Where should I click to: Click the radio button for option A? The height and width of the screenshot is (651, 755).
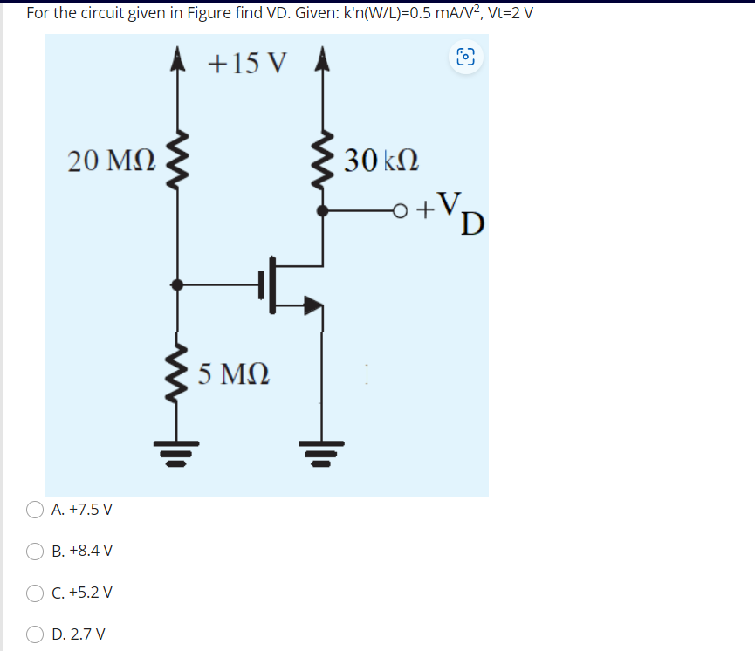pyautogui.click(x=36, y=509)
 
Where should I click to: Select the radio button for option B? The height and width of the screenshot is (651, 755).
pyautogui.click(x=36, y=551)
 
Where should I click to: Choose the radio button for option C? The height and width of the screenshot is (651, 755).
pyautogui.click(x=36, y=593)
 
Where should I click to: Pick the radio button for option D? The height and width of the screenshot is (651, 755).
pyautogui.click(x=36, y=634)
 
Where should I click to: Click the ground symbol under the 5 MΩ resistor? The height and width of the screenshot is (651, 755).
pyautogui.click(x=179, y=452)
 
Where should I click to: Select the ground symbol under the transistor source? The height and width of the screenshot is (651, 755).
pyautogui.click(x=324, y=452)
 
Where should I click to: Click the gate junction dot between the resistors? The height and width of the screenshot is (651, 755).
pyautogui.click(x=179, y=284)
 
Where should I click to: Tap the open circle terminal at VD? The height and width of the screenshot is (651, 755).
pyautogui.click(x=401, y=210)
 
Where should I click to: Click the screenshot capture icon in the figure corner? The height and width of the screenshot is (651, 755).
pyautogui.click(x=465, y=58)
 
